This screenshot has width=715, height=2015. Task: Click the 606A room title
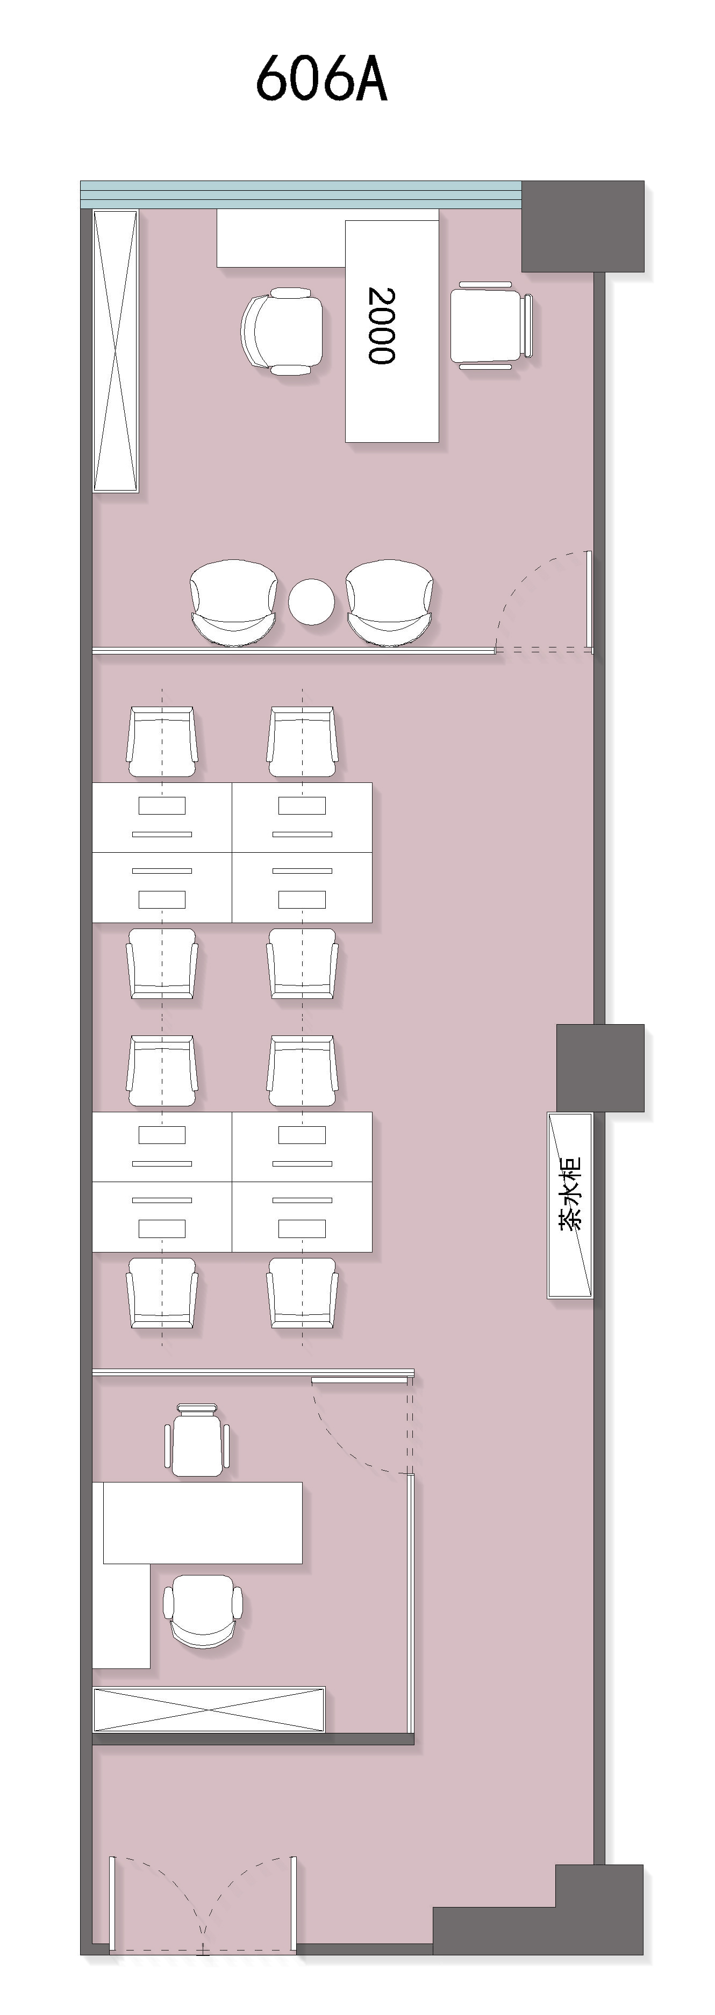pos(321,78)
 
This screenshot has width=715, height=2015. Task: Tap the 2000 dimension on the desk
pos(382,326)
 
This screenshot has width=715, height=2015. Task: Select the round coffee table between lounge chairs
pos(311,601)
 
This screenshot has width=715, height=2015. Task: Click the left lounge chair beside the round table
pos(233,603)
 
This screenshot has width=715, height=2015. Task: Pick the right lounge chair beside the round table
pos(390,603)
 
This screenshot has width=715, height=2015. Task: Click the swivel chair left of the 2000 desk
pos(282,332)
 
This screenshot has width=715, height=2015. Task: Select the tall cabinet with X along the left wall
pos(116,350)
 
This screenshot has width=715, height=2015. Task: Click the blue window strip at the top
pos(301,194)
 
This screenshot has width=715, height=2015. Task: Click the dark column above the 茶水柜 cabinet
pos(600,1068)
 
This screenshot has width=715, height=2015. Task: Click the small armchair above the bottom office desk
pos(197,1440)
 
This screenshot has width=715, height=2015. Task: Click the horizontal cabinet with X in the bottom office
pos(209,1709)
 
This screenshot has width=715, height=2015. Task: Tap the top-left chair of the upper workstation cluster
pos(162,743)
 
